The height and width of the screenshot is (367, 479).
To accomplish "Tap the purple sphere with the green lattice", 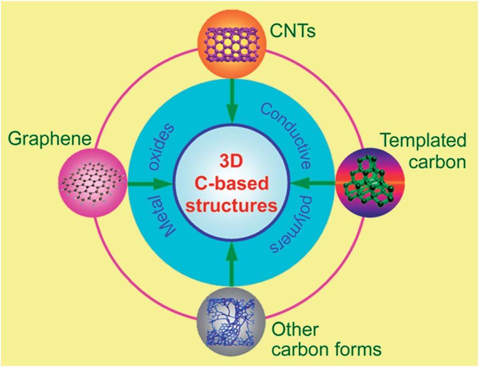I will (x=366, y=183).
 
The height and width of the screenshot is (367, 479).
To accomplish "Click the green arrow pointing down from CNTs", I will (x=233, y=102).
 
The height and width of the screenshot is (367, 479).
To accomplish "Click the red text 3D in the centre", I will (x=231, y=162).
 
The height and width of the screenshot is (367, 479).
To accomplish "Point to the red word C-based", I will (x=232, y=184).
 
